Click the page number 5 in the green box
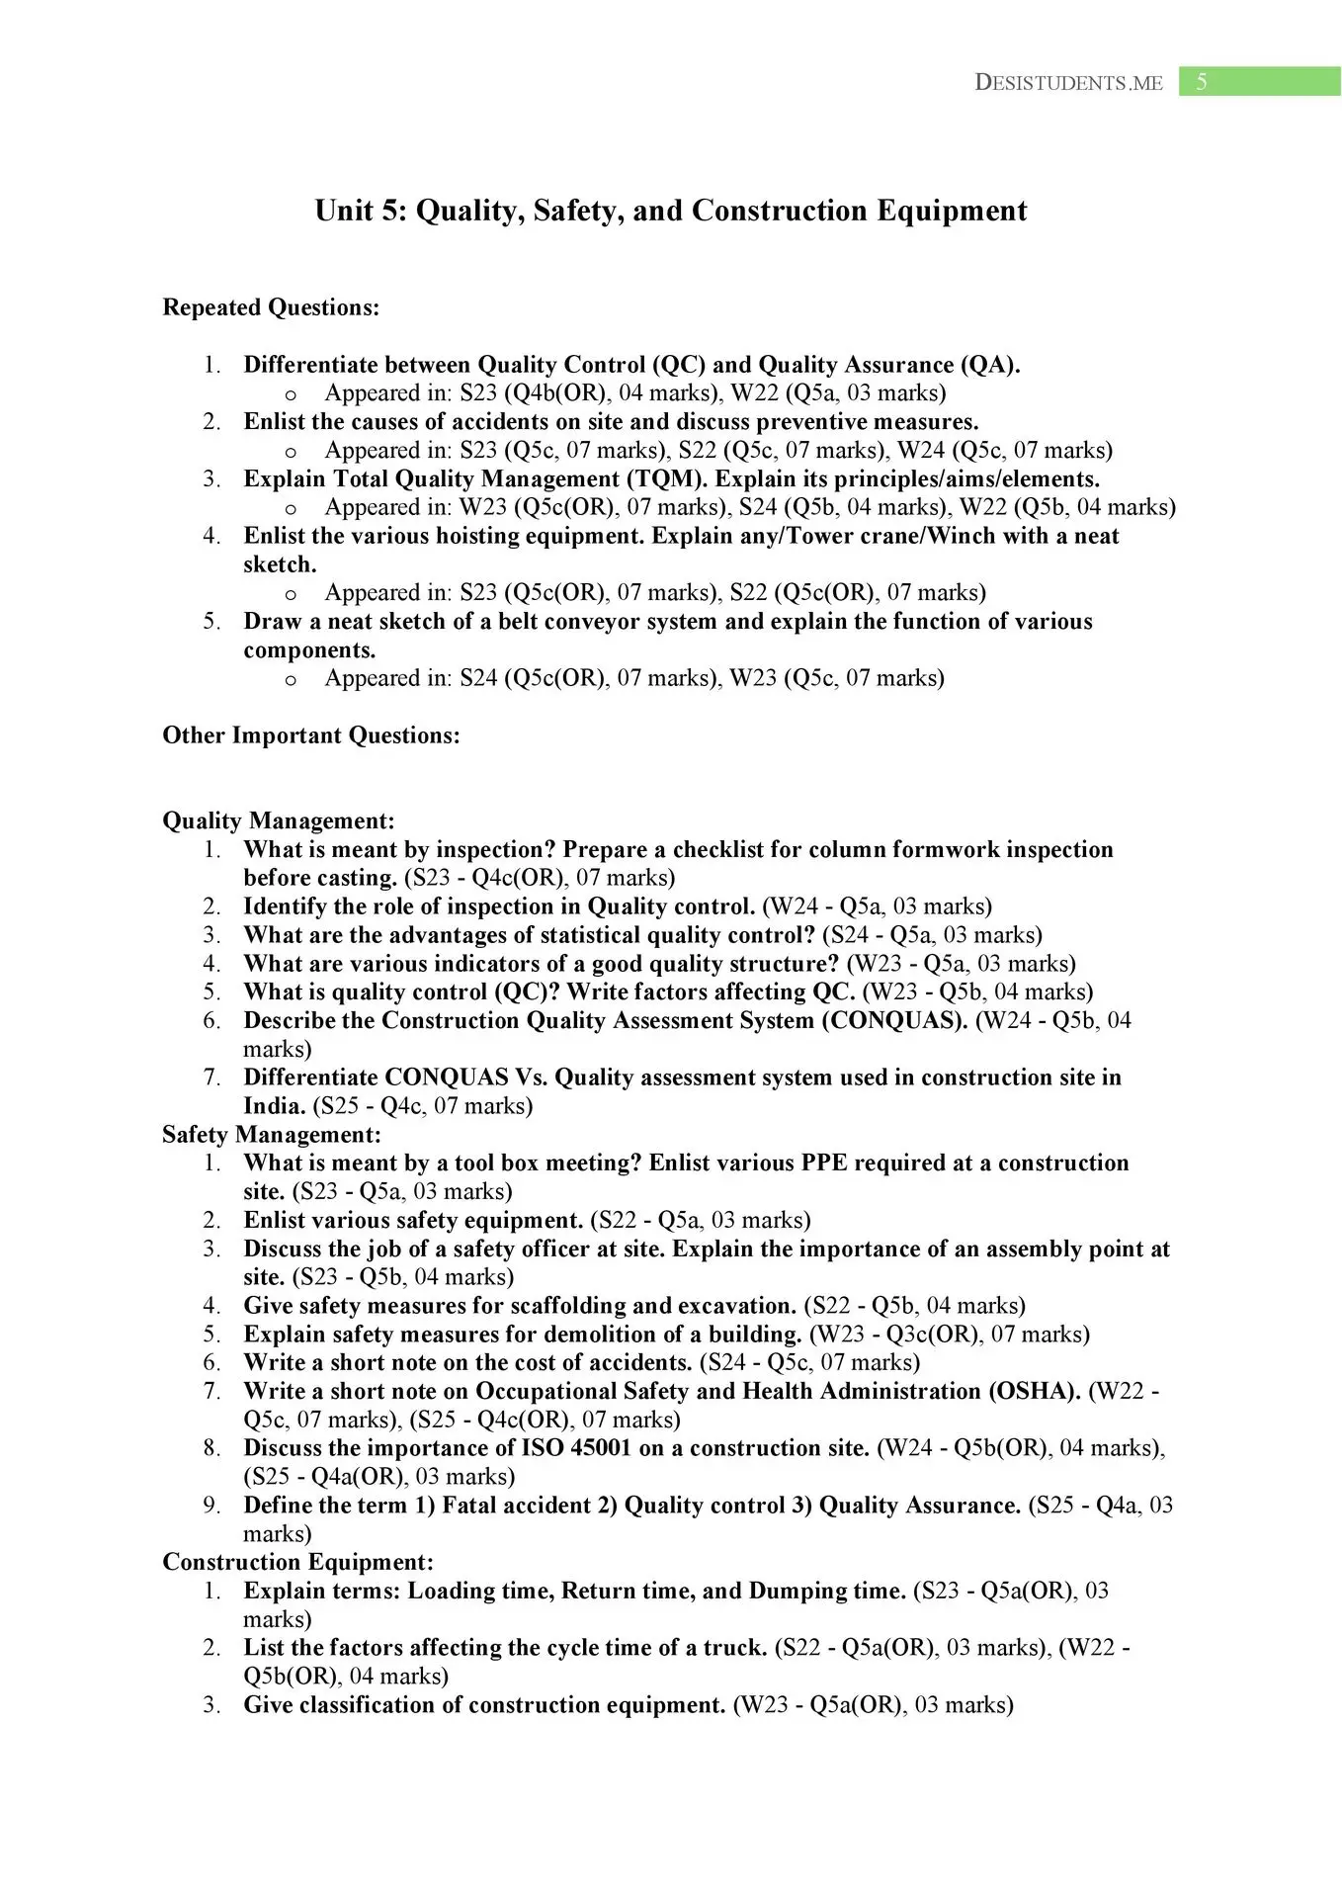(1202, 82)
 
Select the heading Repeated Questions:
(271, 307)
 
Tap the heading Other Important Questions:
(311, 735)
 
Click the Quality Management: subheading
(279, 820)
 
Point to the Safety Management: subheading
(272, 1135)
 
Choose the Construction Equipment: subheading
(297, 1562)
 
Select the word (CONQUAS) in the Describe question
(894, 1020)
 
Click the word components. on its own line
(309, 650)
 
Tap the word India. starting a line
(274, 1106)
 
